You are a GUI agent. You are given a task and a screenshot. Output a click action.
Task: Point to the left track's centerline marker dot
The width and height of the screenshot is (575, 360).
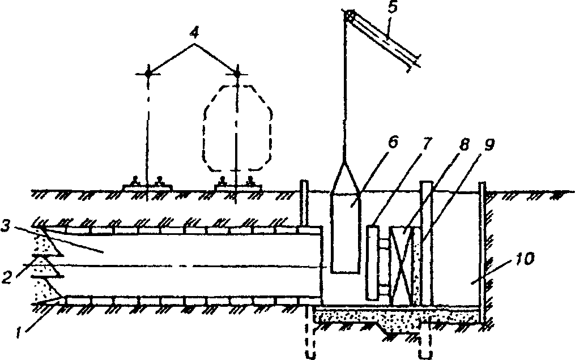(148, 73)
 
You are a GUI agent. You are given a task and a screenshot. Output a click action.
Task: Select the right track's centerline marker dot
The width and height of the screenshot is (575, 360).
(237, 73)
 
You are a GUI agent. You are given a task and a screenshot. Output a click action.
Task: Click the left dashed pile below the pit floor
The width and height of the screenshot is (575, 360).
(309, 334)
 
